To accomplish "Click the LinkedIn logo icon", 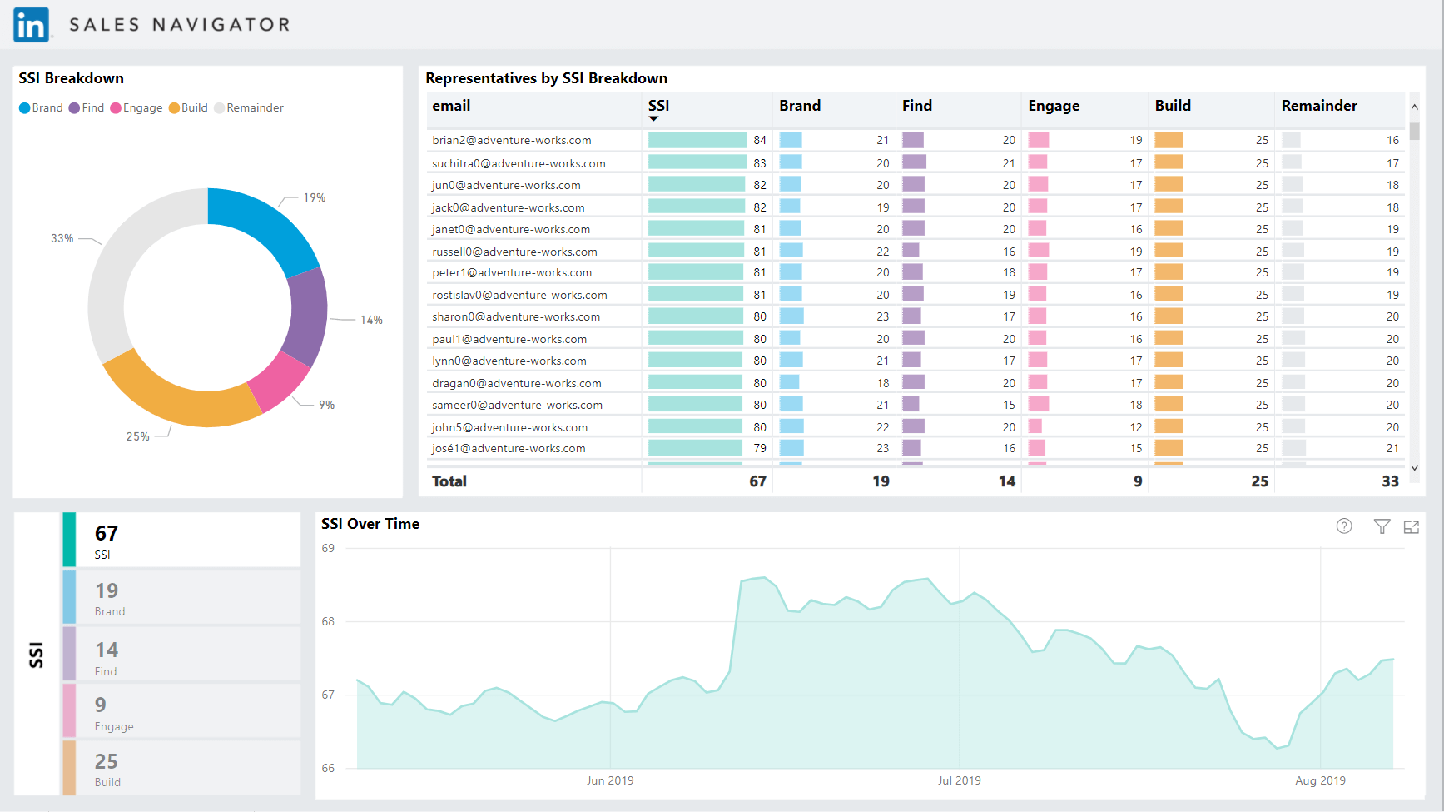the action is [x=32, y=25].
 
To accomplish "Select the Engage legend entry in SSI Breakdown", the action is [x=136, y=108].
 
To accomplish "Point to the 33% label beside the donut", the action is [x=62, y=238].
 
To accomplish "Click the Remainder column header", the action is [x=1319, y=106].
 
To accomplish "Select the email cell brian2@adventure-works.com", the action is [x=511, y=140].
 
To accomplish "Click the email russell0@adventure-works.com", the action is [x=514, y=252].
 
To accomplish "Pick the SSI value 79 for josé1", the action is [x=759, y=448].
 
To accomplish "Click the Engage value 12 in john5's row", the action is [x=1135, y=427].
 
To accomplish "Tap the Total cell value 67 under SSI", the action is [x=757, y=481].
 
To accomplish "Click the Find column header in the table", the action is [x=917, y=106].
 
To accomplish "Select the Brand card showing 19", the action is [x=181, y=597].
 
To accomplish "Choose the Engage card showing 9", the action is [x=181, y=710].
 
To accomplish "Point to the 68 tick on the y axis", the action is [x=328, y=621].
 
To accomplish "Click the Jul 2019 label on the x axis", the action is [x=959, y=780].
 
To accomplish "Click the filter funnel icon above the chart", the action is [x=1382, y=526].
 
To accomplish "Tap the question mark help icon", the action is [x=1344, y=526].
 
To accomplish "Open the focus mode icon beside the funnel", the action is [x=1412, y=526].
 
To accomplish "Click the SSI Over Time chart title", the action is [x=370, y=524].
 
